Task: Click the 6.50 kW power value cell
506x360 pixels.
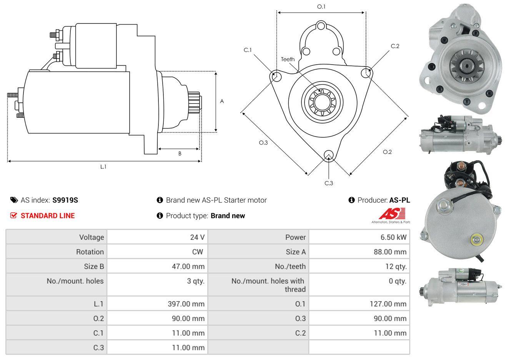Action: (393, 237)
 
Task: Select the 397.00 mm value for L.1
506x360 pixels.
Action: (186, 304)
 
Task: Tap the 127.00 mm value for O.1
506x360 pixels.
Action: (388, 304)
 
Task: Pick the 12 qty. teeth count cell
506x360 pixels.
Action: (396, 267)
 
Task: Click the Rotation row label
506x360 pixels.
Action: (90, 252)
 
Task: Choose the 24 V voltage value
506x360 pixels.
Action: (197, 237)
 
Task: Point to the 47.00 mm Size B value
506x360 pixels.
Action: (188, 267)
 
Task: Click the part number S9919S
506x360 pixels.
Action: (65, 200)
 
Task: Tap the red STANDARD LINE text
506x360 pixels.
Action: (48, 216)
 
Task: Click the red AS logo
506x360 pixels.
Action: (392, 213)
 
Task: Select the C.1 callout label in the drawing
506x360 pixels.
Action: (248, 50)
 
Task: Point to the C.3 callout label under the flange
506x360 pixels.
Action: (329, 183)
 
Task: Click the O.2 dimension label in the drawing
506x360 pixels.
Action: (387, 152)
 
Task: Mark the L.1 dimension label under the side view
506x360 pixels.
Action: (103, 167)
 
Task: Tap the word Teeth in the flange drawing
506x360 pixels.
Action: (288, 59)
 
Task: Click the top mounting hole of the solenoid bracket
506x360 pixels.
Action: (321, 26)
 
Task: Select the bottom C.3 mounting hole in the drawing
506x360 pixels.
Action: (328, 155)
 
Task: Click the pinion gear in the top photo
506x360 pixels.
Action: (466, 66)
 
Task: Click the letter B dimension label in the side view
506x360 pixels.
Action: (180, 154)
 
